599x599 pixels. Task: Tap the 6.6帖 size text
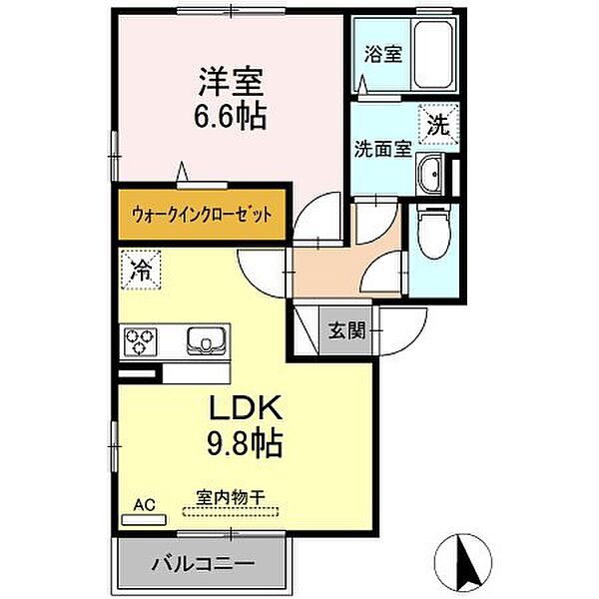click(229, 117)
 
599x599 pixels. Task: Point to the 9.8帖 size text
click(245, 441)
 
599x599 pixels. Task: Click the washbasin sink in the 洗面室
click(432, 176)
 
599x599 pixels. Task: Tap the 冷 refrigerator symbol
click(142, 268)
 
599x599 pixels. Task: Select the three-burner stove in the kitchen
click(141, 342)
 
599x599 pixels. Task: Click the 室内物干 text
click(231, 496)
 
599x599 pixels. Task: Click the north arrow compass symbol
click(465, 558)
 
